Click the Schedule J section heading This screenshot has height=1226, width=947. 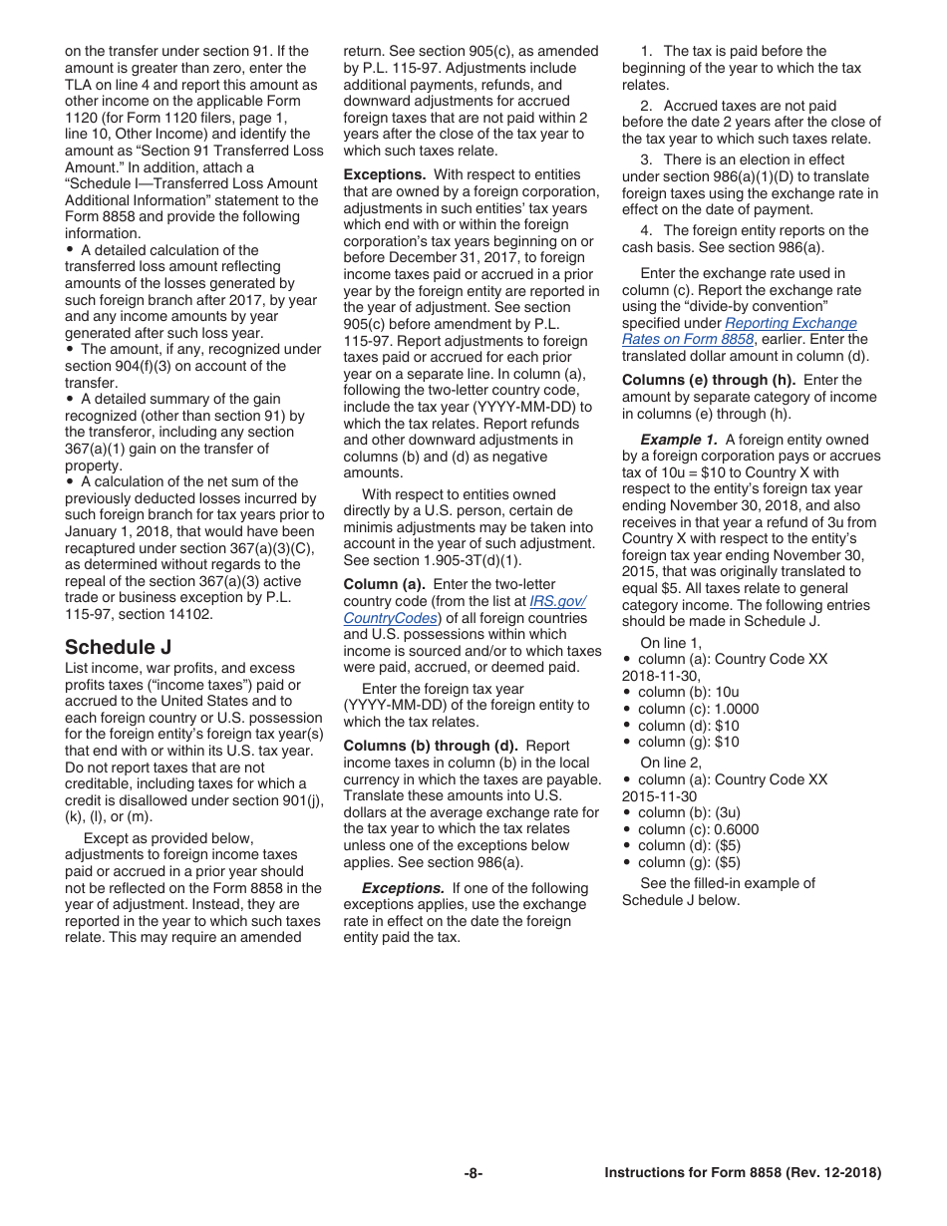[x=118, y=646]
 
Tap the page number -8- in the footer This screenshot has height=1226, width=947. [x=473, y=1173]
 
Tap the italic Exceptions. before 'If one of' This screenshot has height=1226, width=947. [x=403, y=888]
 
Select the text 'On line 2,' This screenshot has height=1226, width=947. [x=671, y=763]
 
